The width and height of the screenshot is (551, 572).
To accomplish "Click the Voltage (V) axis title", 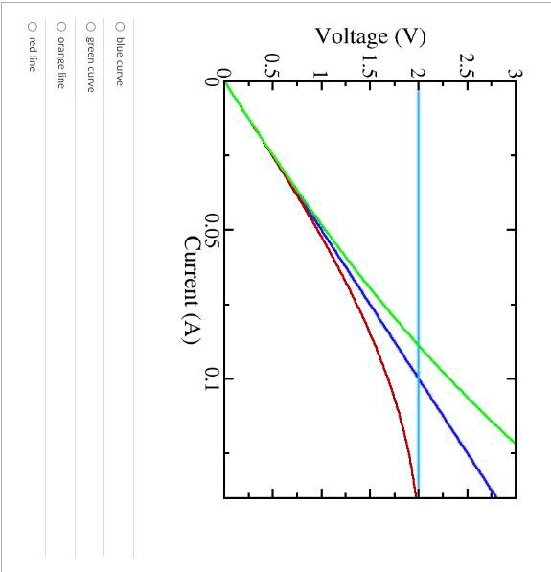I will click(x=370, y=37).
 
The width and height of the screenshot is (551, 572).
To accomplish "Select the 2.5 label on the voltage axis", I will click(x=467, y=64).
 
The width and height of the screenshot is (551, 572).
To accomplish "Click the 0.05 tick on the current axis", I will click(x=212, y=231).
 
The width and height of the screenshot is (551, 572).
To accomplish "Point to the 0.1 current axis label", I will click(x=212, y=380).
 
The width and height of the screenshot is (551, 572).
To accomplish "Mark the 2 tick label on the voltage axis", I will click(x=418, y=73).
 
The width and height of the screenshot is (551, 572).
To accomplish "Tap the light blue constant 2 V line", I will click(x=419, y=192).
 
